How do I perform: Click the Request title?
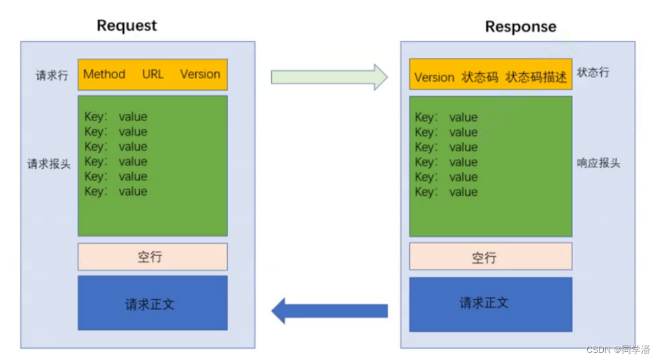[x=126, y=26]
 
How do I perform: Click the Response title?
[x=521, y=27]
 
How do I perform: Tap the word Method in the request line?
[x=105, y=74]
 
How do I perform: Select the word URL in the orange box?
[x=153, y=74]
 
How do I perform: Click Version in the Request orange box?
[x=200, y=74]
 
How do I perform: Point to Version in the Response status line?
[x=435, y=77]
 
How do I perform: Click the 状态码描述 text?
[x=536, y=77]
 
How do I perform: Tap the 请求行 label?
[x=52, y=75]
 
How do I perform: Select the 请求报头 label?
[x=49, y=164]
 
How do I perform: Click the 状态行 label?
[x=592, y=72]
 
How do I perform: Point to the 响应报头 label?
[x=598, y=163]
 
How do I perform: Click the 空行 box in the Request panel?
[x=153, y=257]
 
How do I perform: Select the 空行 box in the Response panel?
[x=491, y=256]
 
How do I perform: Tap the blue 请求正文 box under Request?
[x=153, y=303]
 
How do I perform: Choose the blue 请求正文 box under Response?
[x=491, y=304]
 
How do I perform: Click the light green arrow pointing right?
[x=329, y=77]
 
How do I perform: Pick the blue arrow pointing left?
[x=329, y=311]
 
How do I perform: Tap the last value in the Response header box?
[x=463, y=192]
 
